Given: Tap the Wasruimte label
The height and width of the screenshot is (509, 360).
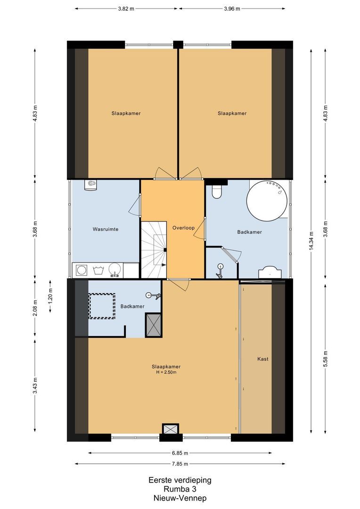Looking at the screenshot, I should [x=106, y=230].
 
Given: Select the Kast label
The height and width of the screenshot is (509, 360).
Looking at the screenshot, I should [x=263, y=359].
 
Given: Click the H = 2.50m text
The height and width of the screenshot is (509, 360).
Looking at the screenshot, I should [x=166, y=372].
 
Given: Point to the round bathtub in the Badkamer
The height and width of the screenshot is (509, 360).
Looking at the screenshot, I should [x=268, y=200].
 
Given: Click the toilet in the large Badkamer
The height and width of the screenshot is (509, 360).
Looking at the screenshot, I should [x=217, y=191].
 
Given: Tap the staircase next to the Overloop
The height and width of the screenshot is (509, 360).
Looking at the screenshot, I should [x=154, y=250].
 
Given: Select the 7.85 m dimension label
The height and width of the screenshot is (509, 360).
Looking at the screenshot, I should [x=180, y=464].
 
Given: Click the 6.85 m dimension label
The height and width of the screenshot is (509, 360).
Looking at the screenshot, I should [x=180, y=453].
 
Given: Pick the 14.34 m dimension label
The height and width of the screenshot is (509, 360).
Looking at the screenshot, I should [x=311, y=241].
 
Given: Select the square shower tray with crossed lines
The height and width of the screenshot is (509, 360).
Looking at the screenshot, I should [x=154, y=324].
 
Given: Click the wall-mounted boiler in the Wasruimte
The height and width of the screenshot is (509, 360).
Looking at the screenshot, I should [x=91, y=185].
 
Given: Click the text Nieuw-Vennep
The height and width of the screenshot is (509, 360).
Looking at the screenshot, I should [x=180, y=498].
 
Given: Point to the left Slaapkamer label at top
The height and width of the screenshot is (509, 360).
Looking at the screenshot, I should [x=126, y=113].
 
